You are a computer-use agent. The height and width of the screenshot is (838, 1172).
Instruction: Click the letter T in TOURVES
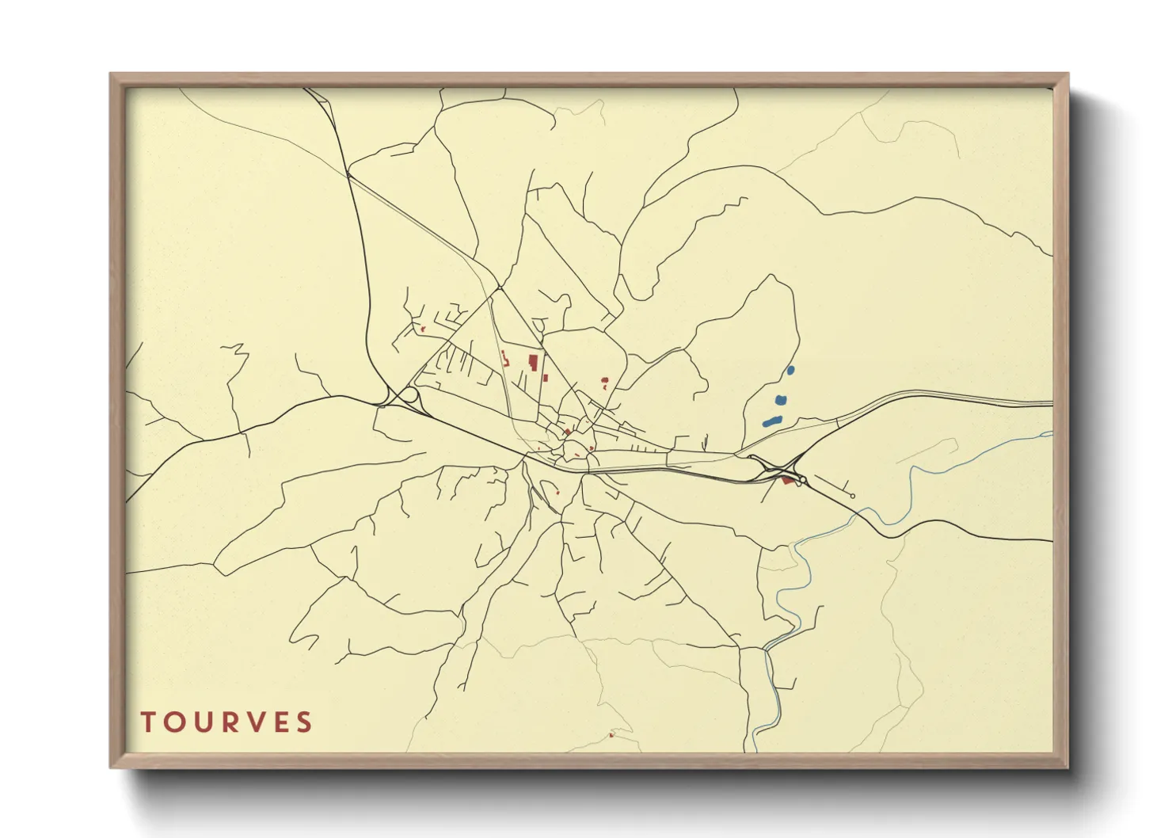coord(148,722)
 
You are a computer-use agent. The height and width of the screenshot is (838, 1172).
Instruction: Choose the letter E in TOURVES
coord(280,722)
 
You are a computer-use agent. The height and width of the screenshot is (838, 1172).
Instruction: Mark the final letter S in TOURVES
coord(305,722)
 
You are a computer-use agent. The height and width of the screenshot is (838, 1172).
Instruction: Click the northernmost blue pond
coord(790,370)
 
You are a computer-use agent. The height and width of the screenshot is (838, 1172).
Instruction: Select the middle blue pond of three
coord(781,400)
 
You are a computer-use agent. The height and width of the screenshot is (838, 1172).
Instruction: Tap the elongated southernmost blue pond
coord(772,421)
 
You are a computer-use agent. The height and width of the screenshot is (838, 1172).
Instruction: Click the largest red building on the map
coord(534,363)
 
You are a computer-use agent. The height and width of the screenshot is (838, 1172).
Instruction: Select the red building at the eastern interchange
coord(787,480)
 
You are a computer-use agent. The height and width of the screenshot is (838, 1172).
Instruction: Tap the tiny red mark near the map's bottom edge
coord(611,735)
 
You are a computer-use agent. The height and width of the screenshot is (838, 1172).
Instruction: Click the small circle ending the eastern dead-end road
coord(852,496)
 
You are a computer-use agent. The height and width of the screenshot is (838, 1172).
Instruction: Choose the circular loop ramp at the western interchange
coord(409,394)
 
